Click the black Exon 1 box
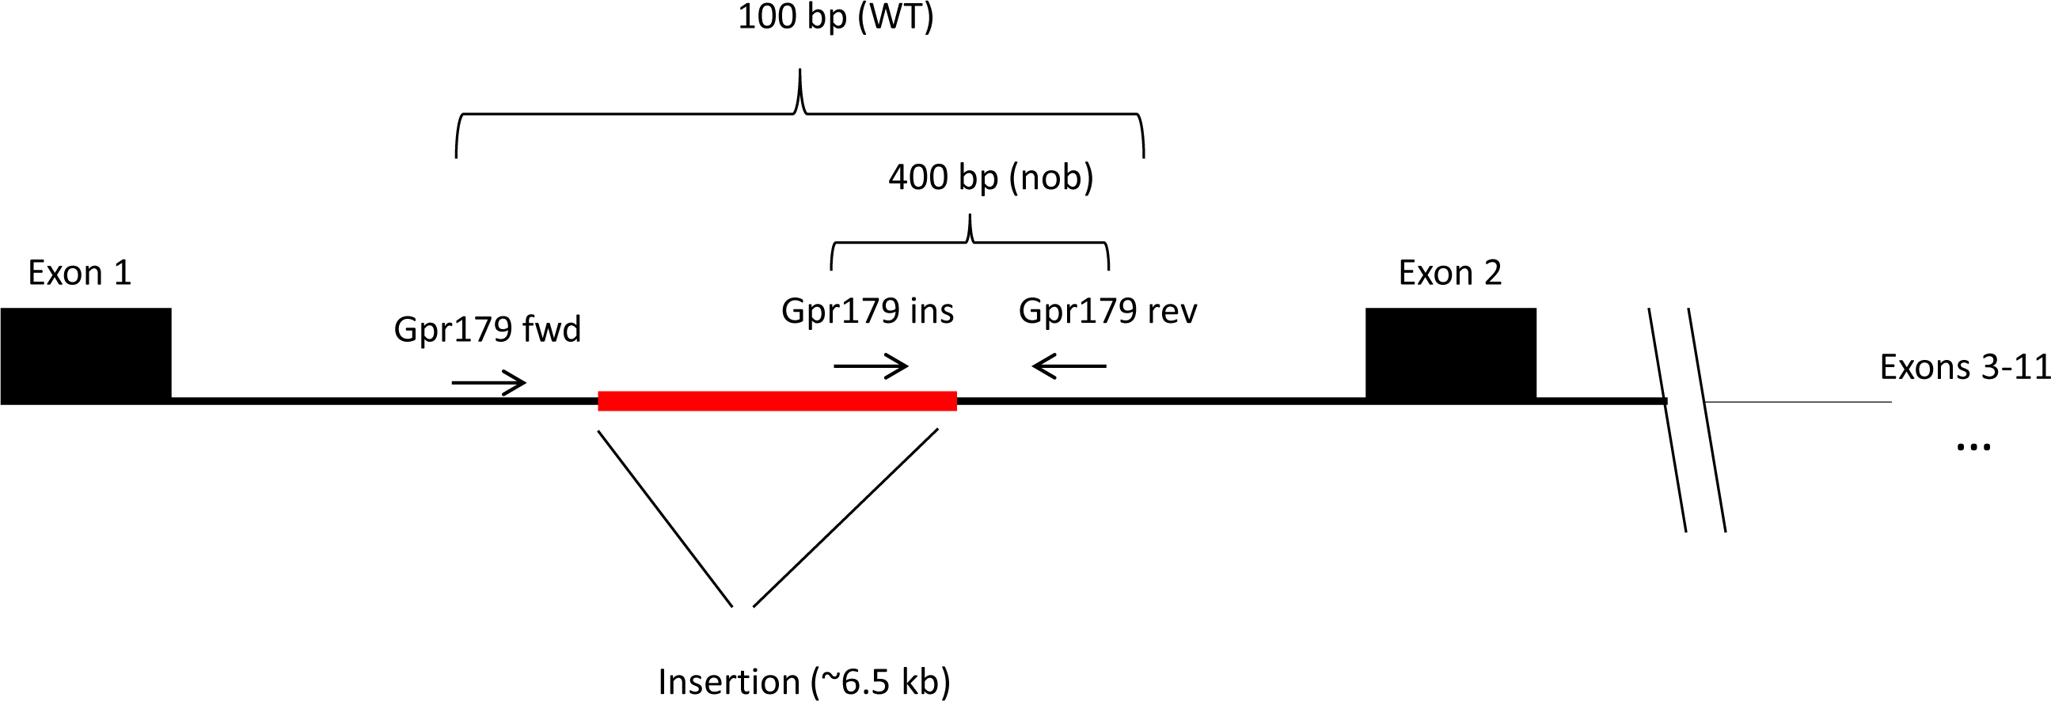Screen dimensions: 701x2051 (x=86, y=355)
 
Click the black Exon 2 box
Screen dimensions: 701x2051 (x=1451, y=354)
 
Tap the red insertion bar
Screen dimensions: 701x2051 (x=777, y=401)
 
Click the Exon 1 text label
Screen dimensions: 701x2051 (x=79, y=273)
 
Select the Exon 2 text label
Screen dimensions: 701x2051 (x=1450, y=273)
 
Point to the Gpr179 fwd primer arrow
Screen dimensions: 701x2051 (x=489, y=383)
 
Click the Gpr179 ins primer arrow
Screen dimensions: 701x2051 (x=870, y=366)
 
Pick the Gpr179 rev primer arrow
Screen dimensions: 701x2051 (x=1069, y=366)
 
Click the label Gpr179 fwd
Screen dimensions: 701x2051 (x=488, y=329)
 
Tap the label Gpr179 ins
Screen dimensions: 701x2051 (x=867, y=311)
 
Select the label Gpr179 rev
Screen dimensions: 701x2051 (x=1107, y=311)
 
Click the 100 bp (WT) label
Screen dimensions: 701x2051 (x=835, y=17)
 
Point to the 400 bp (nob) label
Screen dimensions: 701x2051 (x=990, y=177)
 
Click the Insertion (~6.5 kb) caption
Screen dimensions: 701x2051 (x=804, y=682)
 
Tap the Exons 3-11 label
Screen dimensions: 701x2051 (x=1964, y=368)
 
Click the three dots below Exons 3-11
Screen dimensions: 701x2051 (x=1973, y=447)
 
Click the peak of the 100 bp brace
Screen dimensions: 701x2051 (x=800, y=74)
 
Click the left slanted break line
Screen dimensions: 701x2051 (x=1667, y=420)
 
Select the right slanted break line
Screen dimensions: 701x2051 (x=1707, y=420)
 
